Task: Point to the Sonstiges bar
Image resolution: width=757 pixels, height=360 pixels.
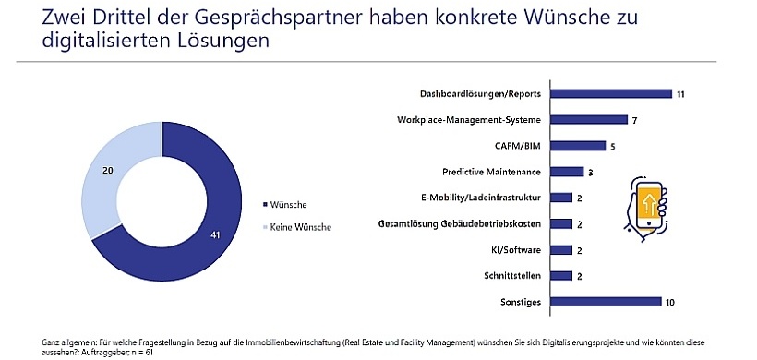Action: (x=605, y=301)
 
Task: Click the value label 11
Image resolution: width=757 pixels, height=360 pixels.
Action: (x=679, y=94)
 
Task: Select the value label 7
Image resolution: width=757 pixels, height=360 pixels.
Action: (x=635, y=120)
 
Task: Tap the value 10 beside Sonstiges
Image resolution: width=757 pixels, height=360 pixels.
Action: (x=670, y=302)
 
